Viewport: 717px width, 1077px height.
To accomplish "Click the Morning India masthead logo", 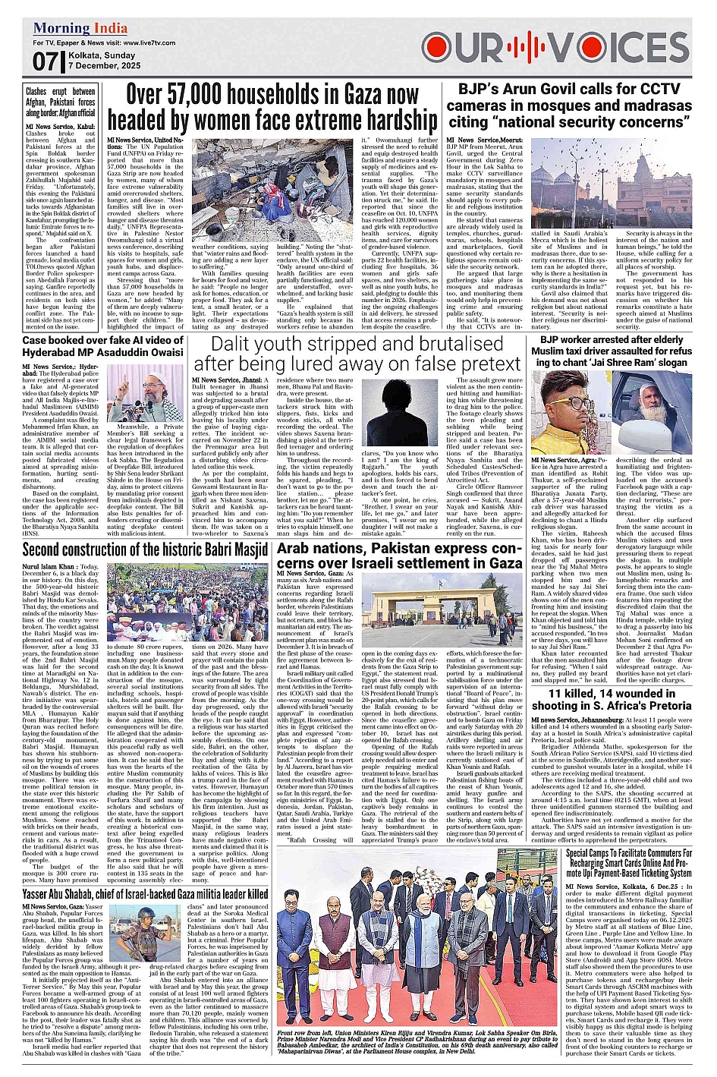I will pos(80,29).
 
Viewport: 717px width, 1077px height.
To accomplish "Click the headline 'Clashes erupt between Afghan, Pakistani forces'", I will pos(60,102).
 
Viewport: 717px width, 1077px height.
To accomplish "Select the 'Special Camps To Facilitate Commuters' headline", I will pos(629,863).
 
